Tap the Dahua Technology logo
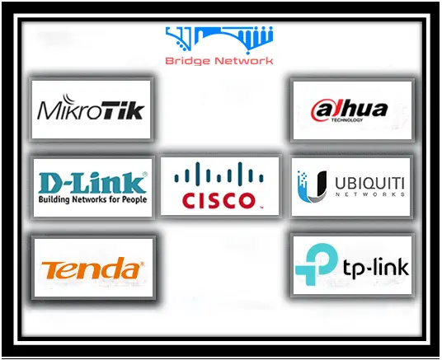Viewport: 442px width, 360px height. (x=349, y=110)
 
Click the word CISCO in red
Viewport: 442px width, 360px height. (x=219, y=201)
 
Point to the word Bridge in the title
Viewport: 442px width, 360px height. (x=187, y=61)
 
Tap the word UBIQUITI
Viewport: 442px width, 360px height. (x=369, y=184)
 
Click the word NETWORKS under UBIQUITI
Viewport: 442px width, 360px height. (x=370, y=194)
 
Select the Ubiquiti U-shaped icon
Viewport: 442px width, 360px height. (x=312, y=187)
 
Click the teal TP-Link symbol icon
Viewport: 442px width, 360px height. (x=317, y=264)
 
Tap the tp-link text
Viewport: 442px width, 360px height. (x=376, y=268)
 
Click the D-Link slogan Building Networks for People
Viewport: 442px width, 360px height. (x=92, y=199)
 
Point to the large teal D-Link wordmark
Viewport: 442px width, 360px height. (x=92, y=183)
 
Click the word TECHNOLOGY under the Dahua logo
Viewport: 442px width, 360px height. (x=347, y=120)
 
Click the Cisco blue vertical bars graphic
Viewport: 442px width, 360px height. (x=219, y=175)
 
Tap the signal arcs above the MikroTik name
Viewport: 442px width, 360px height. (x=68, y=99)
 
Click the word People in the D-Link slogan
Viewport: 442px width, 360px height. (x=134, y=199)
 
